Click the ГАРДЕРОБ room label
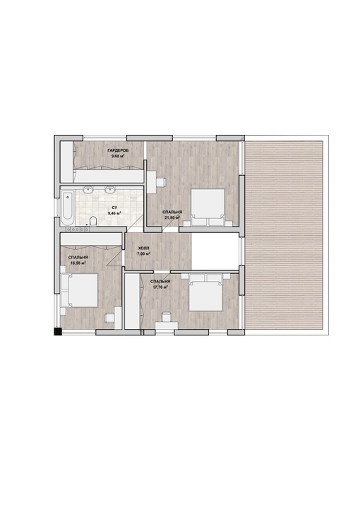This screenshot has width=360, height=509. (x=118, y=150)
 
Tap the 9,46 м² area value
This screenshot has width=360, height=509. (x=114, y=213)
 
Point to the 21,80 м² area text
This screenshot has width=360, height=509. (x=172, y=217)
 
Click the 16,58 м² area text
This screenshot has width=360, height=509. (x=78, y=263)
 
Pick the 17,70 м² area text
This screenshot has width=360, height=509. (x=160, y=287)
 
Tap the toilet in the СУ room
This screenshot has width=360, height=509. (x=93, y=221)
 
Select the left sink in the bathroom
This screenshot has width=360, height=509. (x=89, y=189)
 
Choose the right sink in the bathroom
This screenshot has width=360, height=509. (x=111, y=189)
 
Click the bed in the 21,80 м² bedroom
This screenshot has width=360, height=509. (x=208, y=207)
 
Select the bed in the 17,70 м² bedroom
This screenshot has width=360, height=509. (x=206, y=292)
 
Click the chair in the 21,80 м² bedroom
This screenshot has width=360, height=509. (x=162, y=182)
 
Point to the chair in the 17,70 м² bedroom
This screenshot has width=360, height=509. (x=167, y=317)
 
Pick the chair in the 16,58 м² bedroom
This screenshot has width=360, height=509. (x=109, y=318)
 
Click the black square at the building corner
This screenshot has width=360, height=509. (x=58, y=332)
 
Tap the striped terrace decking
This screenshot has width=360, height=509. (x=284, y=235)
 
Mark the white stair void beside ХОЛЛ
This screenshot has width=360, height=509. (x=215, y=251)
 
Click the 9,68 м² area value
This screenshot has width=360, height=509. (x=118, y=156)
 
